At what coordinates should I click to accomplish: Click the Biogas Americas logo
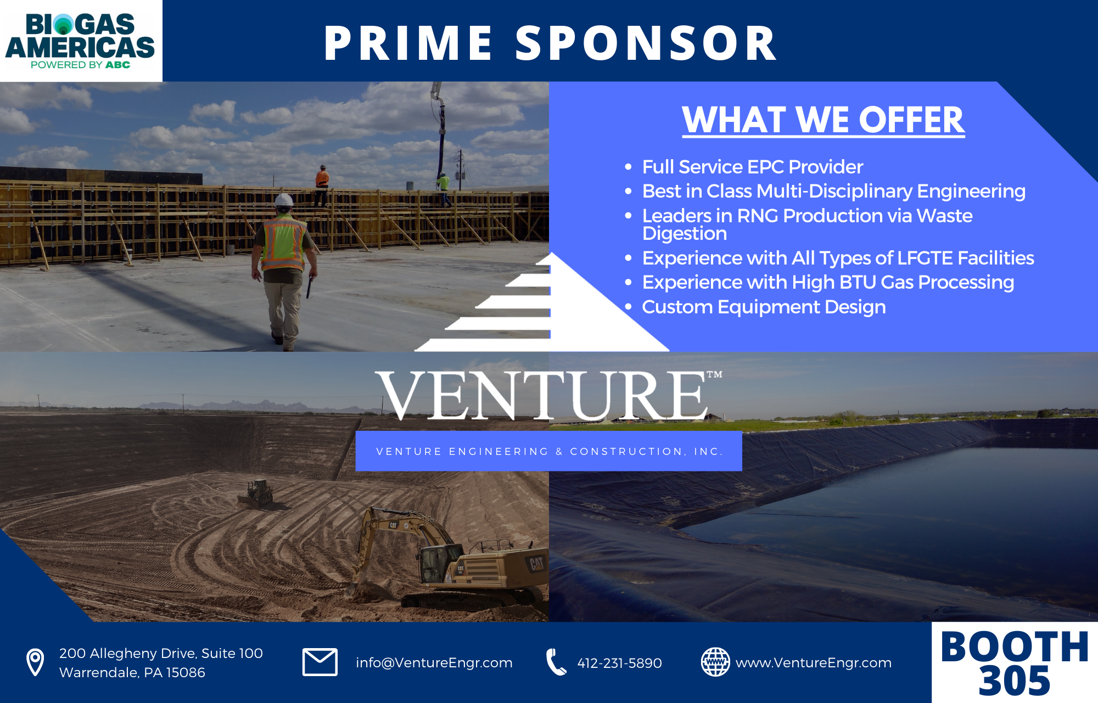pyautogui.click(x=80, y=41)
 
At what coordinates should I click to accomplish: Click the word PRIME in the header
pyautogui.click(x=408, y=43)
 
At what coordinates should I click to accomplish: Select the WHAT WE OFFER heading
pyautogui.click(x=823, y=120)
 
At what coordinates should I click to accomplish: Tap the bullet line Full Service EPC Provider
pyautogui.click(x=752, y=167)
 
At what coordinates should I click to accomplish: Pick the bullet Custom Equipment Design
pyautogui.click(x=764, y=307)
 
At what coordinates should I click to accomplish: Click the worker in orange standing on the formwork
pyautogui.click(x=322, y=184)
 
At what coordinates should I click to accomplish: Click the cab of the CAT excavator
pyautogui.click(x=440, y=563)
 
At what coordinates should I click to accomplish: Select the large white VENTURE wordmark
pyautogui.click(x=544, y=396)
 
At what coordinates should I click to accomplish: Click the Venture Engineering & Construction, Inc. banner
pyautogui.click(x=549, y=451)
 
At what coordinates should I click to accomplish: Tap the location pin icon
pyautogui.click(x=35, y=662)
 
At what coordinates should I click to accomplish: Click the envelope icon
pyautogui.click(x=320, y=662)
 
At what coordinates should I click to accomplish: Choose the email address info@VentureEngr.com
pyautogui.click(x=434, y=663)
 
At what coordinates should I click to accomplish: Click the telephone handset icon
pyautogui.click(x=556, y=662)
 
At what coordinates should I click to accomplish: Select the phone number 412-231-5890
pyautogui.click(x=619, y=663)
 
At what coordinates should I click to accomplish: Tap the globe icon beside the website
pyautogui.click(x=715, y=662)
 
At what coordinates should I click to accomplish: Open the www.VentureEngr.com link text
pyautogui.click(x=813, y=663)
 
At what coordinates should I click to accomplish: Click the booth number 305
pyautogui.click(x=1014, y=681)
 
